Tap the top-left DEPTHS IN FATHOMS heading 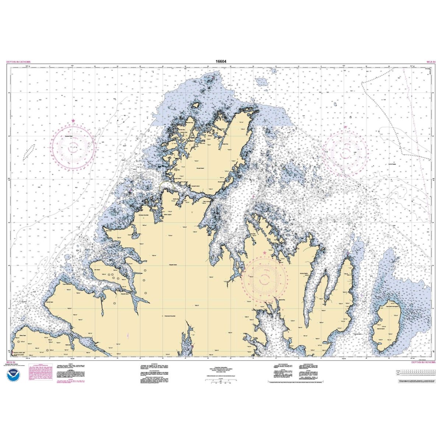18,62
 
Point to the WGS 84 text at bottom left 11,362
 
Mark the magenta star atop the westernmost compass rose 73,121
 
